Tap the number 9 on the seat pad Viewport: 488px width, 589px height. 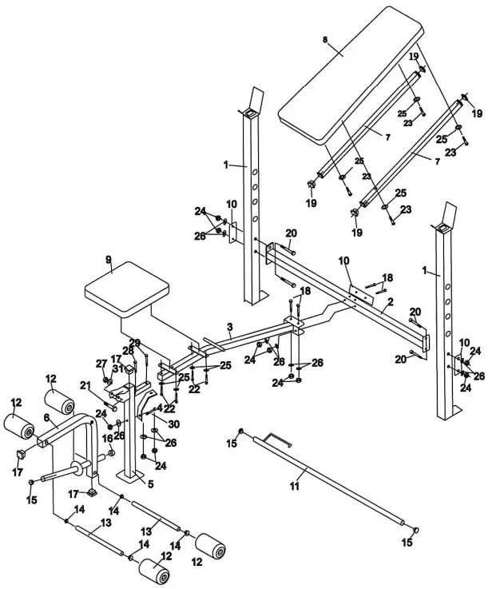pyautogui.click(x=109, y=260)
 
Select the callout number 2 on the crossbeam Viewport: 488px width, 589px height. pyautogui.click(x=391, y=302)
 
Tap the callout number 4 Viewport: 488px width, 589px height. pyautogui.click(x=159, y=407)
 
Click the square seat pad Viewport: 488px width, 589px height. pyautogui.click(x=128, y=289)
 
